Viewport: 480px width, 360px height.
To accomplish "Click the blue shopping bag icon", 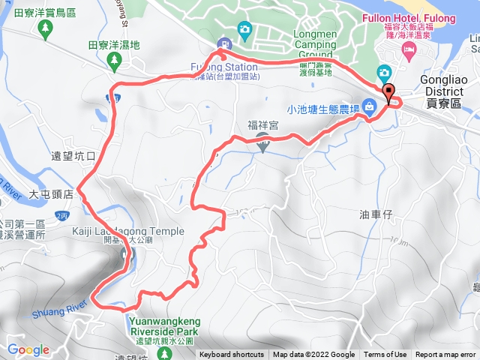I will [x=370, y=106].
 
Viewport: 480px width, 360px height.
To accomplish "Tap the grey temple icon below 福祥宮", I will [x=262, y=145].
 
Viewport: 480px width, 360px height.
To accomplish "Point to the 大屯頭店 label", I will [x=50, y=193].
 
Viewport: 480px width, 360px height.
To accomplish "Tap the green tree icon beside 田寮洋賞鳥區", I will [x=46, y=28].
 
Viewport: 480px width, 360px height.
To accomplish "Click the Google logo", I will [x=28, y=349].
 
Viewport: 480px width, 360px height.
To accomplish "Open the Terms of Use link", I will [x=385, y=355].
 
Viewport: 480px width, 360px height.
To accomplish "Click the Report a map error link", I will [x=446, y=355].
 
